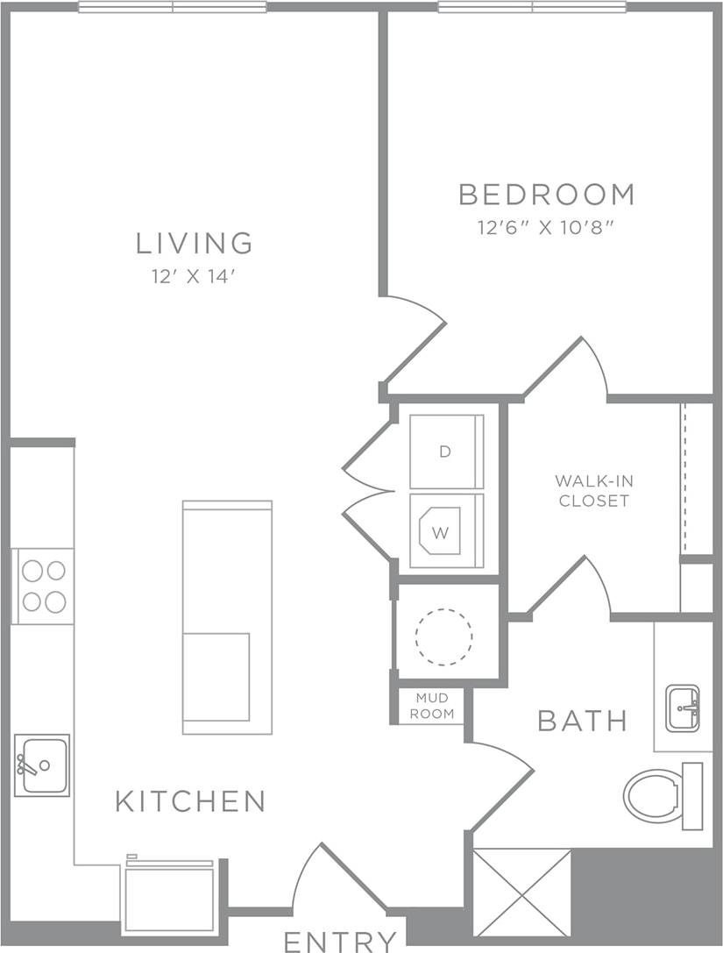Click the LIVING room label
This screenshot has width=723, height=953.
coord(195,243)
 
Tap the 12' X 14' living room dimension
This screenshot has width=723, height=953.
coord(195,276)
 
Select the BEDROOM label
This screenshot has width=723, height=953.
coord(546,194)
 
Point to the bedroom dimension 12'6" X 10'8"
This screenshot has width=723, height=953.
coord(546,228)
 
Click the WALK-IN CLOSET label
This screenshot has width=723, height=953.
coord(594,491)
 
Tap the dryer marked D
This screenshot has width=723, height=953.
coord(446,452)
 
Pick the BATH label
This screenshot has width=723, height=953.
coord(582,722)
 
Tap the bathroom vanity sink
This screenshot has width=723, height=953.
coord(683,708)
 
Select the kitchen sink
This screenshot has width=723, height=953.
coord(42,765)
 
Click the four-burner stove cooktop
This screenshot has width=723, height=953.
coord(44,586)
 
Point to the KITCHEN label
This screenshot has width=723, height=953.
coord(190,800)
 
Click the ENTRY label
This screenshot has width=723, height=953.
coord(340,942)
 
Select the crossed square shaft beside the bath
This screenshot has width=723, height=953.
coord(521,892)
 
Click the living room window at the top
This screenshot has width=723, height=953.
coord(173,7)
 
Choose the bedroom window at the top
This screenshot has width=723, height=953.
coord(532,7)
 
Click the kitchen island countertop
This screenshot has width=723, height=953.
coord(227,616)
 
